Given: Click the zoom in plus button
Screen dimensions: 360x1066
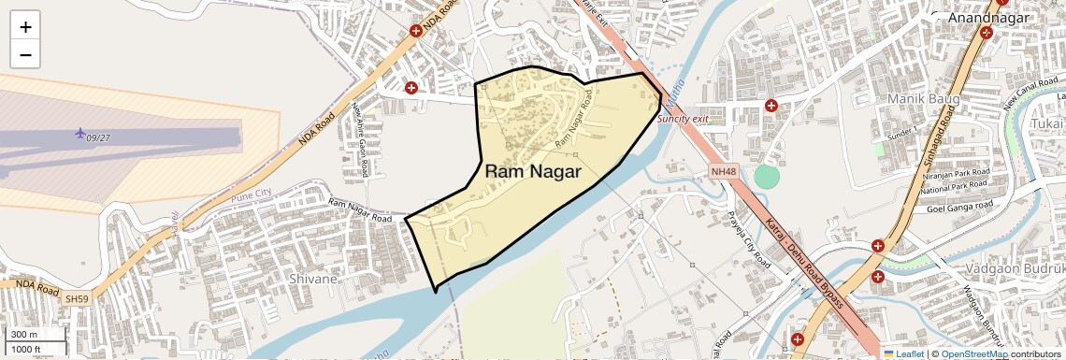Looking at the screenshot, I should click(x=25, y=27).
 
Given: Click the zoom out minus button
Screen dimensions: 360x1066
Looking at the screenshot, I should click(x=25, y=55).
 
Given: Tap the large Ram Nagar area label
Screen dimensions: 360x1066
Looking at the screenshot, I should click(x=533, y=172).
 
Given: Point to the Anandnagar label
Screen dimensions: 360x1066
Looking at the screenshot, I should click(x=988, y=18).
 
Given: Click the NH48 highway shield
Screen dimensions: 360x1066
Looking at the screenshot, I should click(x=723, y=171).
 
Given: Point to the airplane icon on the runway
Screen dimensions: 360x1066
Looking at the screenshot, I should click(x=79, y=133).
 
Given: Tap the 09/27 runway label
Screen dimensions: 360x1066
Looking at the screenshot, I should click(x=98, y=138).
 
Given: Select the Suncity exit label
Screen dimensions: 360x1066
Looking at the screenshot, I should click(x=682, y=119).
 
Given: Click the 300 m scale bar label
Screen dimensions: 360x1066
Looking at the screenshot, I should click(x=25, y=335).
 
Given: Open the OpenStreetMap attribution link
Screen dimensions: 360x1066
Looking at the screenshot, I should click(x=974, y=353).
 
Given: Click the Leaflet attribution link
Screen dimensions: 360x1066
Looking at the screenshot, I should click(x=909, y=353).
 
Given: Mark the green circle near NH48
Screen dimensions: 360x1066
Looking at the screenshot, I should click(x=766, y=176).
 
